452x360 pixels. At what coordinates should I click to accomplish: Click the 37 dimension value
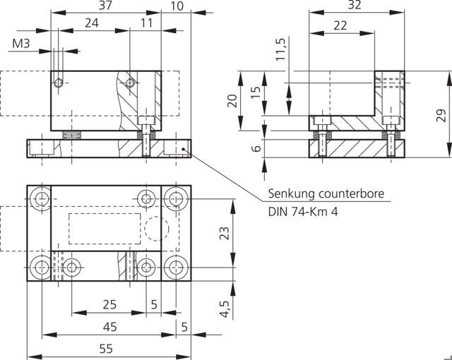(105, 5)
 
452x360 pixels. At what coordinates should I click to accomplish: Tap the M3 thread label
(20, 44)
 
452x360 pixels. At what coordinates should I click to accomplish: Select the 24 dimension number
(92, 23)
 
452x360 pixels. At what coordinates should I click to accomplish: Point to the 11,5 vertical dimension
(280, 49)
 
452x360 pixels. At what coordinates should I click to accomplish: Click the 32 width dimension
(355, 5)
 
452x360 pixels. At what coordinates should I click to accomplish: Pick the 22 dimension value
(340, 25)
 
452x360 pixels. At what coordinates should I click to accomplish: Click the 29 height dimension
(441, 115)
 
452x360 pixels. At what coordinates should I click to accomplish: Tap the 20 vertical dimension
(232, 101)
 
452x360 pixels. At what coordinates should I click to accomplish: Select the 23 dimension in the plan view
(225, 233)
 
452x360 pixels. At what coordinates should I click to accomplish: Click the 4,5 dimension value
(225, 308)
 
